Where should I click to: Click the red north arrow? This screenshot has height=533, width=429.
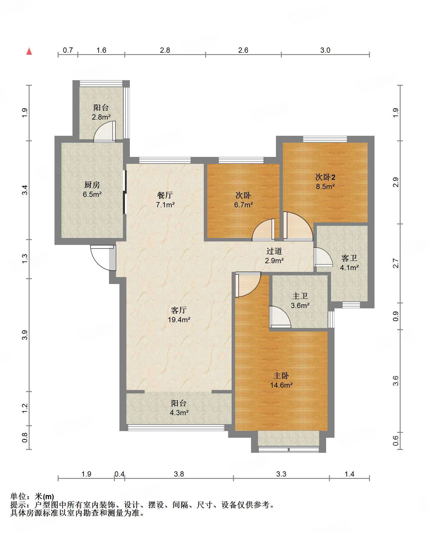pos(29,51)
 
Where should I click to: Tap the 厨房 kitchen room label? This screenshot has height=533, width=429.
pos(92,185)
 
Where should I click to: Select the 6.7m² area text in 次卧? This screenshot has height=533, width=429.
pos(243,205)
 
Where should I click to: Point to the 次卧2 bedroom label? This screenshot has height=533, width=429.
pos(325,177)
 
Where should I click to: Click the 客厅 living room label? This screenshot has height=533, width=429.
pos(179,310)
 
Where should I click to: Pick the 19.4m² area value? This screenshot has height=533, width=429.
pos(179,320)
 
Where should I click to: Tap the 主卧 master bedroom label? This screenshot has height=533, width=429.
pos(281,376)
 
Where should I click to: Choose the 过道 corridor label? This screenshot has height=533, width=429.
pos(274,251)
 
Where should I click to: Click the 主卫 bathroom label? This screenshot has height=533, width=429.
pos(300,296)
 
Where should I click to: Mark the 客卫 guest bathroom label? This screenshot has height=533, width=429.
pos(349,258)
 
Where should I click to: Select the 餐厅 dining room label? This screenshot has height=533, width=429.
pos(165,195)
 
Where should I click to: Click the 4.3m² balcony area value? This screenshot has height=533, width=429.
pos(179,413)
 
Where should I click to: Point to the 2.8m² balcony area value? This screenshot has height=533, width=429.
pos(101,117)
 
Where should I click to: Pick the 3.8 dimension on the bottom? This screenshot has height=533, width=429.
pos(179,474)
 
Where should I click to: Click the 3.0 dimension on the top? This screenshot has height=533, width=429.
pos(325,50)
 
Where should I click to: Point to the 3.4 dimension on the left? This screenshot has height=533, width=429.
pos(25,190)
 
